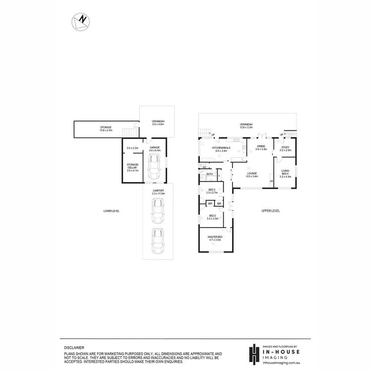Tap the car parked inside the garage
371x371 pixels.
pyautogui.click(x=155, y=165)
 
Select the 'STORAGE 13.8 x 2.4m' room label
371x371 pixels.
pyautogui.click(x=106, y=129)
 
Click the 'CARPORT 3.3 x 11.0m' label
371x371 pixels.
pyautogui.click(x=158, y=192)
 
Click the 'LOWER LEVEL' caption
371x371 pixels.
pyautogui.click(x=111, y=211)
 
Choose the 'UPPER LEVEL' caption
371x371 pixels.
pyautogui.click(x=271, y=211)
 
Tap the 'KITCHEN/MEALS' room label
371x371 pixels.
pyautogui.click(x=221, y=149)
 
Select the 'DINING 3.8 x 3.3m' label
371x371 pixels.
pyautogui.click(x=261, y=147)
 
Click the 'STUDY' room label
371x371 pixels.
pyautogui.click(x=285, y=148)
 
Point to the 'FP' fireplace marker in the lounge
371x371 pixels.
pyautogui.click(x=271, y=182)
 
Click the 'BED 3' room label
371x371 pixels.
pyautogui.click(x=212, y=191)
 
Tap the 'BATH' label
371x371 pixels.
pyautogui.click(x=210, y=174)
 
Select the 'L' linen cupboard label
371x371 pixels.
pyautogui.click(x=219, y=176)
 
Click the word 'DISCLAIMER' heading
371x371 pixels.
pyautogui.click(x=74, y=348)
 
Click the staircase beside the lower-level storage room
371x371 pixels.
pyautogui.click(x=129, y=133)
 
